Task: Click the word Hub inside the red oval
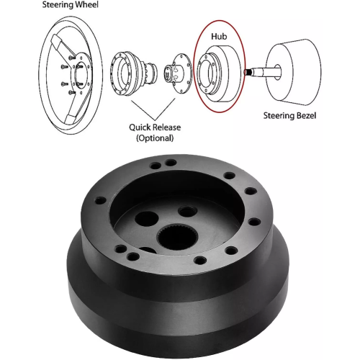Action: pyautogui.click(x=219, y=37)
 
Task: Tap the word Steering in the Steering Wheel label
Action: pyautogui.click(x=57, y=4)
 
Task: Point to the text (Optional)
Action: pyautogui.click(x=155, y=138)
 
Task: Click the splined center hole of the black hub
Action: pyautogui.click(x=178, y=238)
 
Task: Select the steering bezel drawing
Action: pyautogui.click(x=294, y=72)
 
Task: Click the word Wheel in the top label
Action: pyautogui.click(x=86, y=4)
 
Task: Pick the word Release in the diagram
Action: pyautogui.click(x=167, y=127)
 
